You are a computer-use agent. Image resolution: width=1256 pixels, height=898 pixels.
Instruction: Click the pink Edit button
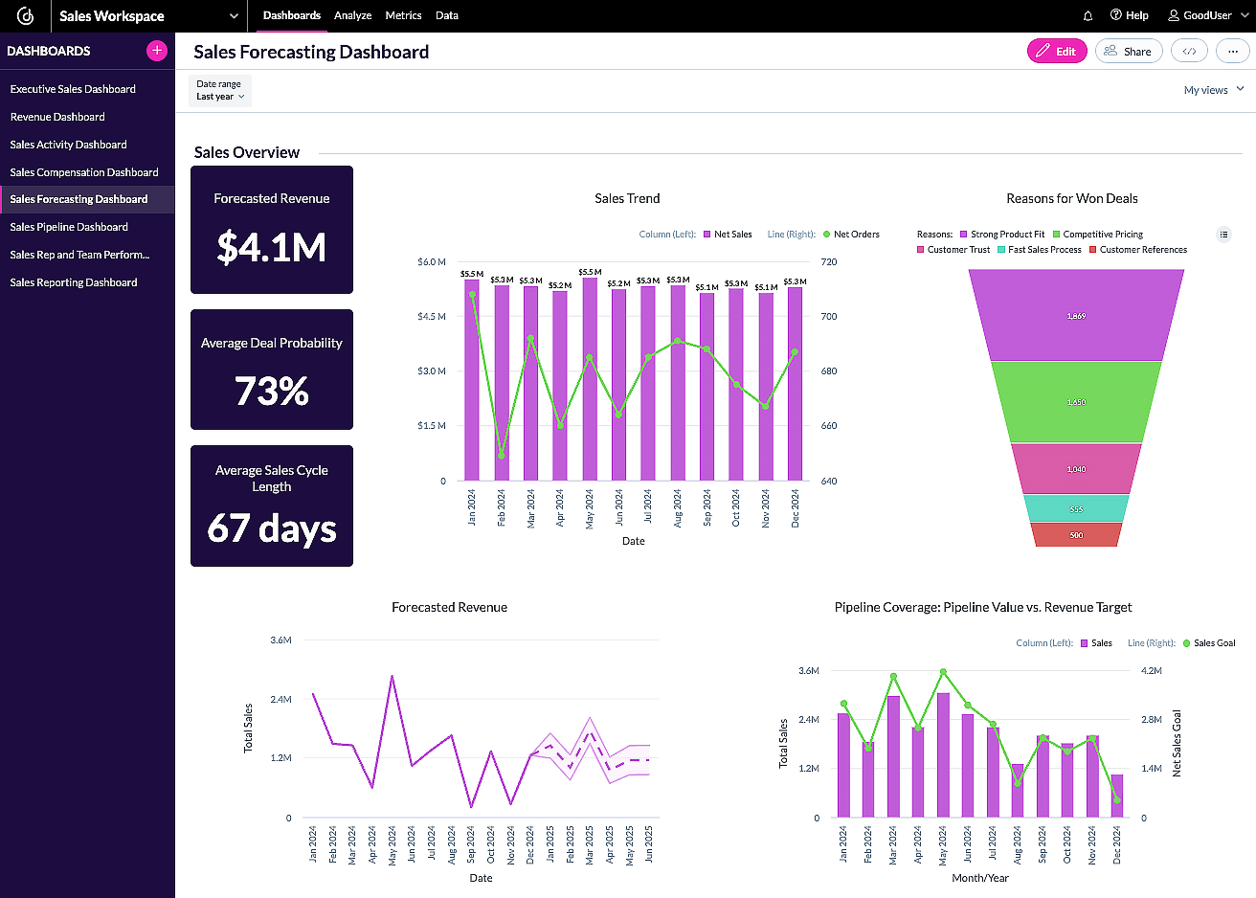pos(1057,52)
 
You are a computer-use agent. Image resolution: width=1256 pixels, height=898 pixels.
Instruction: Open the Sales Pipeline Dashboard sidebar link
pos(69,227)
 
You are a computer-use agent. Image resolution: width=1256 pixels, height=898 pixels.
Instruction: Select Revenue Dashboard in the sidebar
pos(57,117)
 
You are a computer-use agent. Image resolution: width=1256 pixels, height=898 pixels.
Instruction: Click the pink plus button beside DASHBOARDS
pos(157,51)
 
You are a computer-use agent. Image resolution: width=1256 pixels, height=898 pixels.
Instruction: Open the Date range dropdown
pos(220,91)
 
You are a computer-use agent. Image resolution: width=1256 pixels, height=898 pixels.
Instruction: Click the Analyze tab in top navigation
pos(352,15)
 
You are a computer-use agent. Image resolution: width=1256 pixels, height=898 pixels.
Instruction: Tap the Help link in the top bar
pos(1130,15)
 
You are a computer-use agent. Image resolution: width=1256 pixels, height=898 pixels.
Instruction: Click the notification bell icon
pos(1088,15)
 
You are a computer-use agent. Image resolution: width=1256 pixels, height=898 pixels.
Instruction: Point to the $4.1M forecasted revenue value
pos(272,247)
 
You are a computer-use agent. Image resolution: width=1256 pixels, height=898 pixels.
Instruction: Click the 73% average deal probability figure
pos(272,391)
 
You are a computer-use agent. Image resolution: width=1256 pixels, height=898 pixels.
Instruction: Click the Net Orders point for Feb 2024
pos(502,455)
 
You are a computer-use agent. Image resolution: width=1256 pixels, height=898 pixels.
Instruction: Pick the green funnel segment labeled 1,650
pos(1076,402)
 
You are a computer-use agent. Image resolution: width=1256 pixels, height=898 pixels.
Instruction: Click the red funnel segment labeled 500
pos(1076,535)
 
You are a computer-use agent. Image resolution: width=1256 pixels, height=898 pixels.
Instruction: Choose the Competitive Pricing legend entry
pos(1102,235)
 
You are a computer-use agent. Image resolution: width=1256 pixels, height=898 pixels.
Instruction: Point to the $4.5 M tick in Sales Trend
pos(431,317)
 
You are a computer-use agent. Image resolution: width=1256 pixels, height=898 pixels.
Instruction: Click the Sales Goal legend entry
pos(1213,643)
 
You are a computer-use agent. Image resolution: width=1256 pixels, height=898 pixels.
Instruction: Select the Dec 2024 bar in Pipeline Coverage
pos(1117,797)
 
